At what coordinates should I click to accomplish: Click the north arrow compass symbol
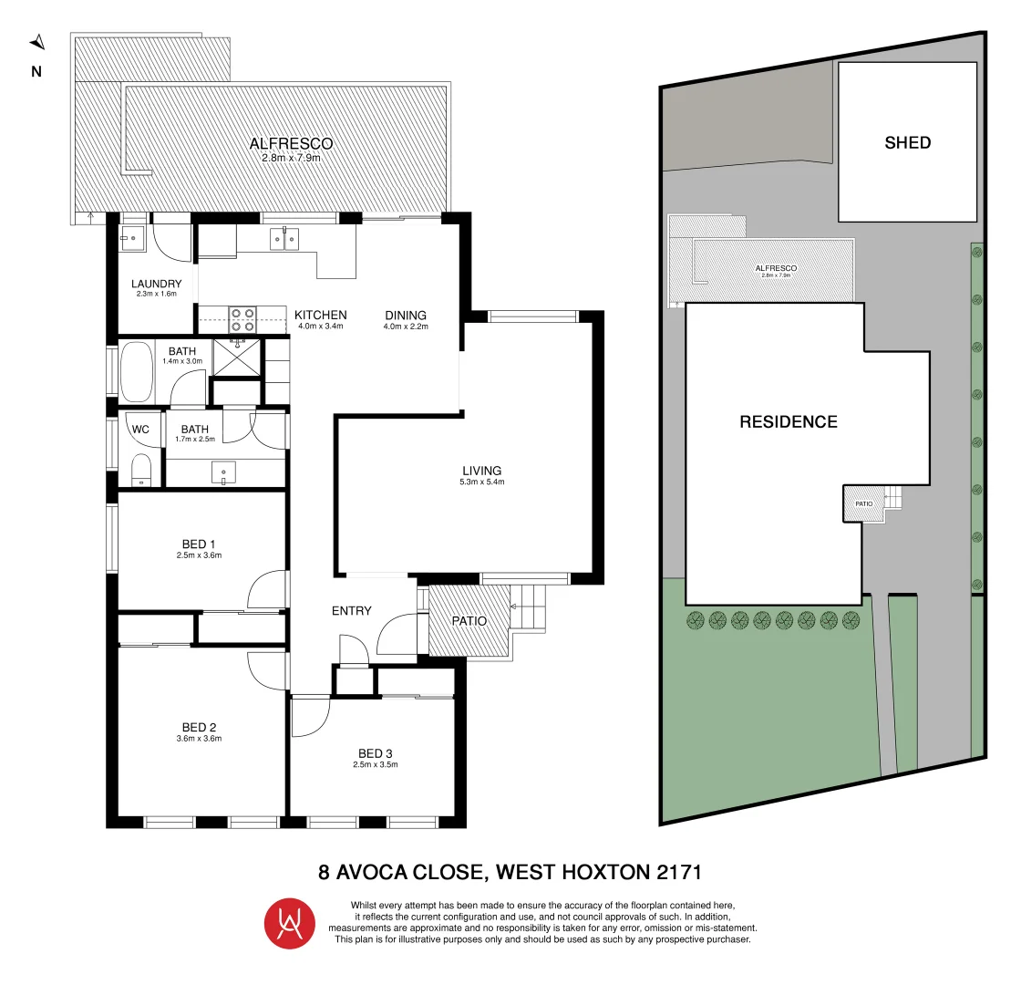36,42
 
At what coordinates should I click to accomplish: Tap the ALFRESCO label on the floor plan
291,143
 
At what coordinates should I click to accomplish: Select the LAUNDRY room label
156,284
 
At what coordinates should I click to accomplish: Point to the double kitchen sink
284,239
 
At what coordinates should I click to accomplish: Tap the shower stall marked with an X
236,357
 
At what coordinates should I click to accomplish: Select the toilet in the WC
141,471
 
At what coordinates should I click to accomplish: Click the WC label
140,429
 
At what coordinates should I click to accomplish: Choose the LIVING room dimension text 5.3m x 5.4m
482,482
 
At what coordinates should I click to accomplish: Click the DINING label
405,315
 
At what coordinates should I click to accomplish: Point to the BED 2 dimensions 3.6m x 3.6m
199,739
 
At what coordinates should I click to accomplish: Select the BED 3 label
376,752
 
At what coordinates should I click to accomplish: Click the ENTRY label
351,610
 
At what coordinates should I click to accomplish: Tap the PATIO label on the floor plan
469,621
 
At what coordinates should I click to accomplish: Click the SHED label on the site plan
907,142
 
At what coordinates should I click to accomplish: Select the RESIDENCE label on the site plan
788,422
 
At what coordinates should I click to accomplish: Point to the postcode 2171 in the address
678,872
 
